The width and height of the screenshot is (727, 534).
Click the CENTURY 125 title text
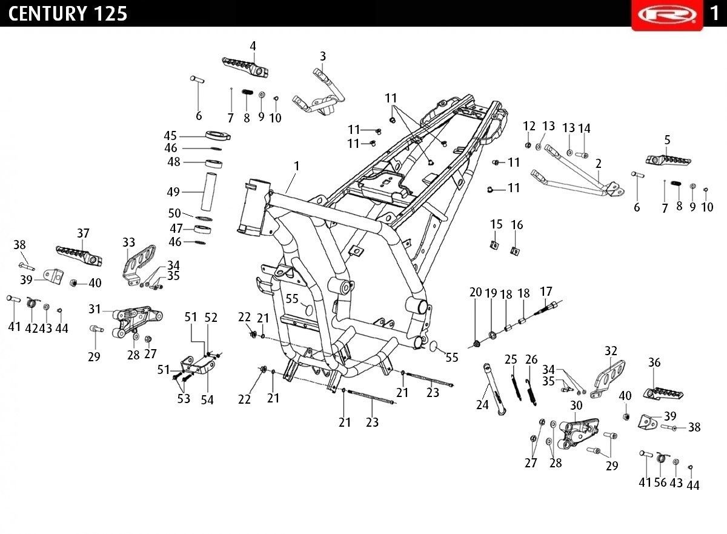(67, 13)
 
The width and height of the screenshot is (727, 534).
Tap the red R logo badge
(667, 15)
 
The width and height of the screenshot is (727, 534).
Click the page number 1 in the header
(714, 13)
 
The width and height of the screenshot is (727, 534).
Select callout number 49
(173, 192)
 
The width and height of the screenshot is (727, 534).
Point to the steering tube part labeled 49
(208, 192)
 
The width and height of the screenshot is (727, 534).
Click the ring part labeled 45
(218, 135)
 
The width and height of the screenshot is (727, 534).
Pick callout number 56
(660, 482)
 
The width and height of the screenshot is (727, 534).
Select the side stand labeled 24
(494, 389)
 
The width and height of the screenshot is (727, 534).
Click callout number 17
(546, 292)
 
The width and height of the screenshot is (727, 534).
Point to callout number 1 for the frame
(296, 166)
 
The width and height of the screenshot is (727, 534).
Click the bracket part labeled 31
(138, 322)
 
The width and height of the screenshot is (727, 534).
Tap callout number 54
(207, 400)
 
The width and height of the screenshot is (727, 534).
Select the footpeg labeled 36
(663, 393)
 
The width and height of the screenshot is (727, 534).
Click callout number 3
(322, 56)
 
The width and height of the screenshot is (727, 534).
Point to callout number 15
(496, 224)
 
